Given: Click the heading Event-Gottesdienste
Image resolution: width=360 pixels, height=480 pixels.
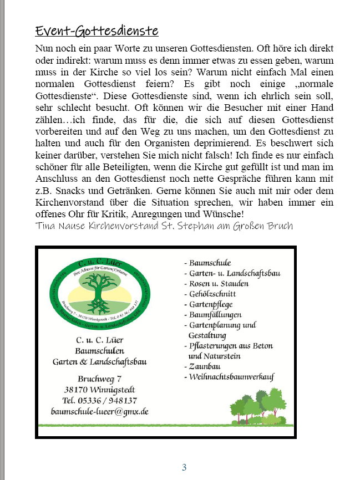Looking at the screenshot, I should point(97,30).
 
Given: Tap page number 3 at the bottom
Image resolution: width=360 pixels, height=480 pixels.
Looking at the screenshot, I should point(184,467).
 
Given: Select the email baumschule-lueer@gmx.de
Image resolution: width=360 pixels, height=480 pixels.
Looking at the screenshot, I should point(99,412).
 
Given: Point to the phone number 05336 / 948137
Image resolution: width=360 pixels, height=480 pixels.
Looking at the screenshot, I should point(100,400).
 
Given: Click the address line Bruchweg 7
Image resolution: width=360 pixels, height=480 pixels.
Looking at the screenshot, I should point(100,379).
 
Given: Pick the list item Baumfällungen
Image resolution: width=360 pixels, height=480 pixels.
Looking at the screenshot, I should point(216,315).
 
